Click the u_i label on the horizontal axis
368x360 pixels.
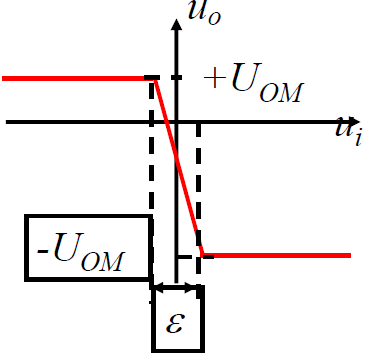pyautogui.click(x=347, y=129)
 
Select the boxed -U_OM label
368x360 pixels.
pyautogui.click(x=88, y=248)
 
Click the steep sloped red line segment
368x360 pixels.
pyautogui.click(x=178, y=165)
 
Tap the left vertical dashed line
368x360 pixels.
pyautogui.click(x=152, y=200)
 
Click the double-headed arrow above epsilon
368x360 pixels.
pyautogui.click(x=177, y=291)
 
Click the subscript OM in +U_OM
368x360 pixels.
pyautogui.click(x=281, y=94)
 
